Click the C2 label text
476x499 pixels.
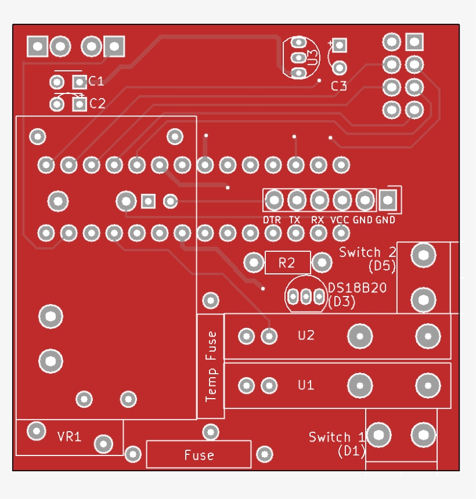click(x=97, y=104)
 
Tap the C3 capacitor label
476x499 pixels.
click(x=339, y=86)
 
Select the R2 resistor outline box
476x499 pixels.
click(x=287, y=263)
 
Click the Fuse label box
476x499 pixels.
click(x=199, y=454)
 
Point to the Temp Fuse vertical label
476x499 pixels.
click(x=211, y=366)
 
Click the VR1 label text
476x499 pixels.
click(x=69, y=436)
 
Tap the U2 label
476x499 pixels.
click(x=306, y=335)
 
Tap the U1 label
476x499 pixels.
click(x=306, y=385)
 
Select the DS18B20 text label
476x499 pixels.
click(x=357, y=288)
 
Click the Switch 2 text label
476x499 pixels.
click(x=367, y=252)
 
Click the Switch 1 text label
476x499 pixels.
click(x=337, y=437)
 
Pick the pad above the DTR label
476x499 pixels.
click(x=273, y=200)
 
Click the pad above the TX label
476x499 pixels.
click(x=296, y=200)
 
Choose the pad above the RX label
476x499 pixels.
click(x=319, y=200)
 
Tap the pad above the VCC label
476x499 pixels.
click(x=341, y=200)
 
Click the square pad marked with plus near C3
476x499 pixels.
click(x=339, y=45)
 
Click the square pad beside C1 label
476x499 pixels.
click(x=79, y=81)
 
